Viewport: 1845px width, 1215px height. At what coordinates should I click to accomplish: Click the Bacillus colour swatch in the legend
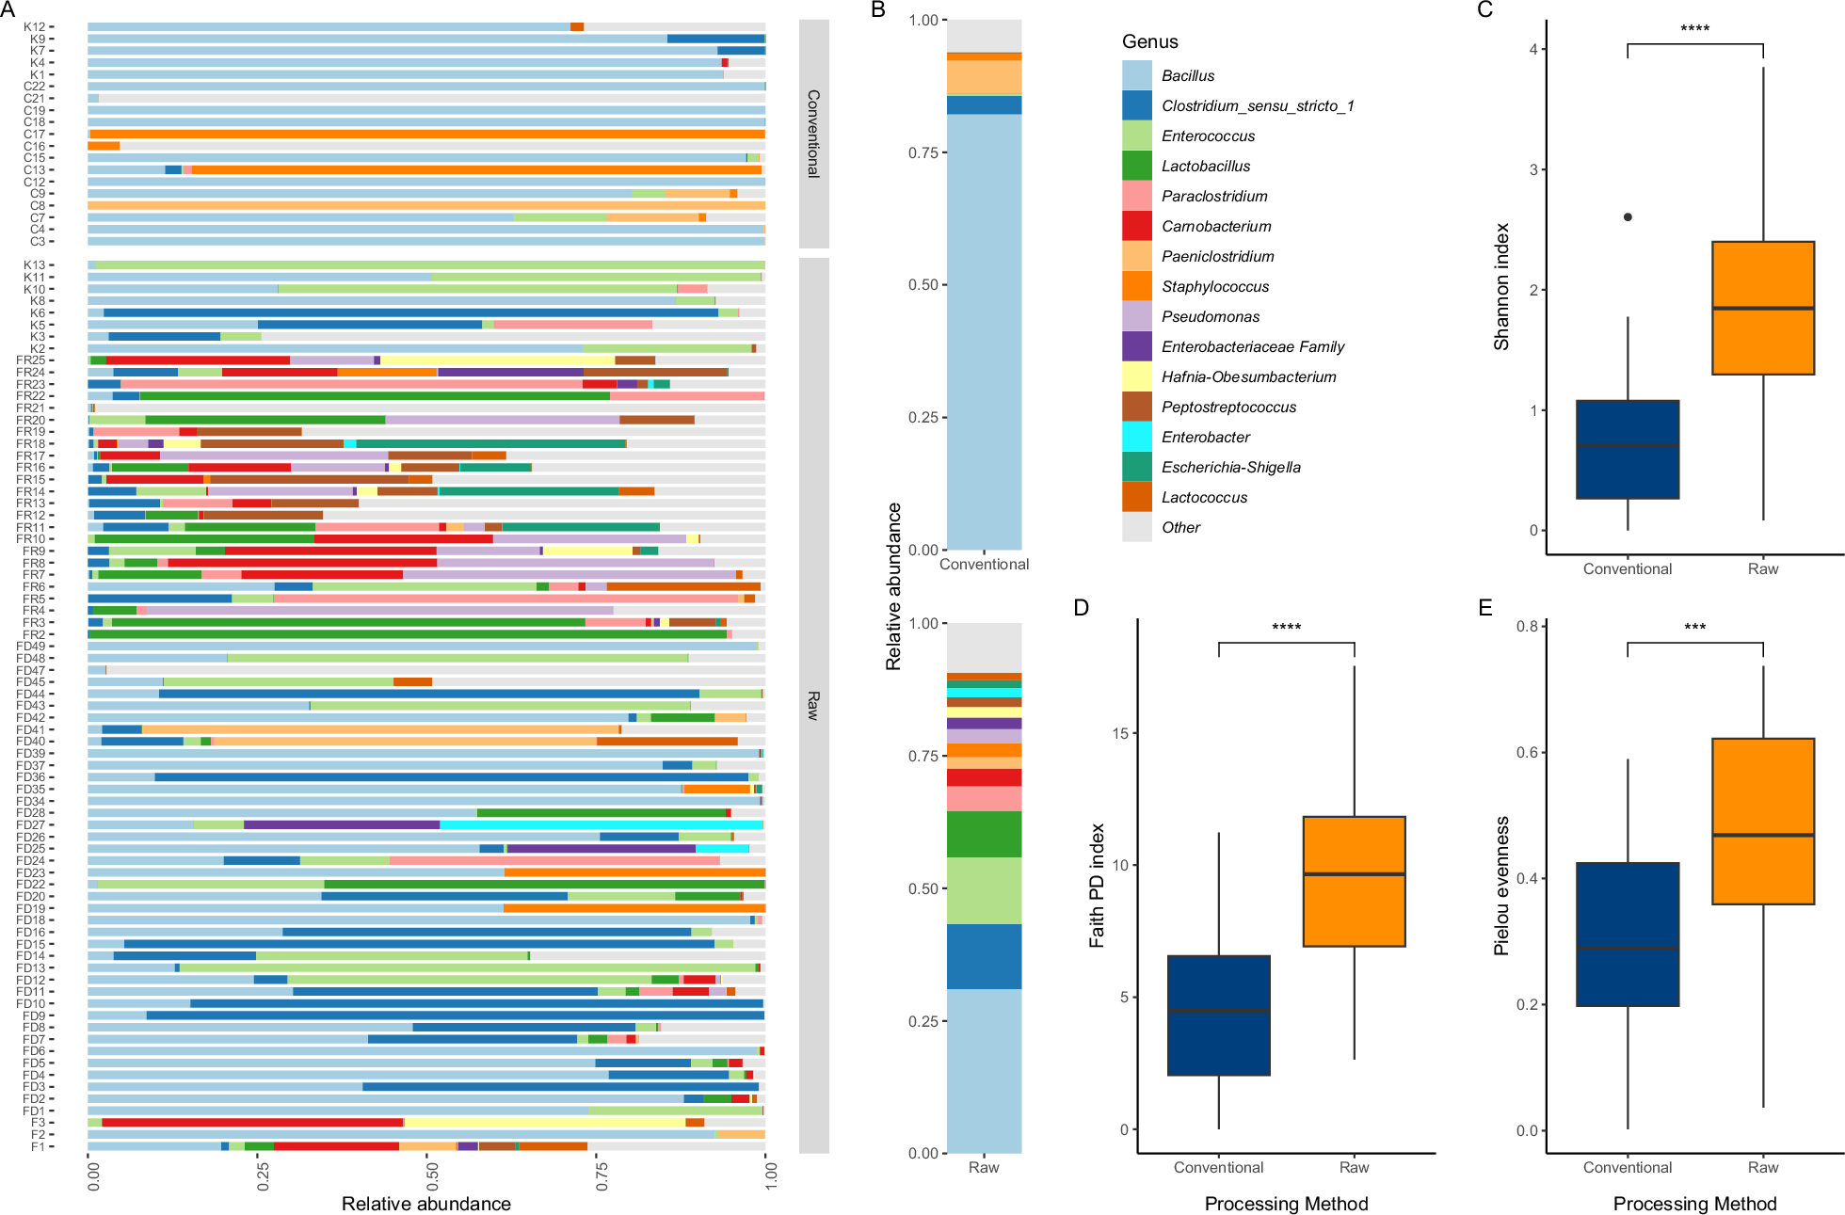[1136, 75]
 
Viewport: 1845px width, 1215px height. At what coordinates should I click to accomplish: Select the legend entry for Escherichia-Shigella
[1230, 468]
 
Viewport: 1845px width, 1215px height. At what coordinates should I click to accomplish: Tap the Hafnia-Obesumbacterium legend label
[1248, 377]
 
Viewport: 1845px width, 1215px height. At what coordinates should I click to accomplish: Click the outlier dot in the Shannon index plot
[1628, 217]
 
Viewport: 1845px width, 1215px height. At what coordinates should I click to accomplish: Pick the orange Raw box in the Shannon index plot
[1762, 309]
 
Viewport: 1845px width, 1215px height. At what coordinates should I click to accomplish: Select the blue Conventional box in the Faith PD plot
[1218, 1015]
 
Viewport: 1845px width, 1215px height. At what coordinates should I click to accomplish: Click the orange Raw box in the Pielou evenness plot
[1762, 821]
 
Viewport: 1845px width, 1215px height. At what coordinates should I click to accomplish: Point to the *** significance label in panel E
[1694, 628]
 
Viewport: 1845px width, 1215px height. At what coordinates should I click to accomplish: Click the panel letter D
[1081, 608]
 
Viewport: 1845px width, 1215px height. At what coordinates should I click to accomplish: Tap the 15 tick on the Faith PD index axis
[1119, 733]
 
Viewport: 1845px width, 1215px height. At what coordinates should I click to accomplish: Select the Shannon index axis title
[1501, 287]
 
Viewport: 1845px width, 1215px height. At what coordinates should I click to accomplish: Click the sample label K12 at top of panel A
[35, 27]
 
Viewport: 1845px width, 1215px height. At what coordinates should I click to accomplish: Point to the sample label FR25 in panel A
[31, 360]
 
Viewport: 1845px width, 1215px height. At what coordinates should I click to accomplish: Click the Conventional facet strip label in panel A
[813, 134]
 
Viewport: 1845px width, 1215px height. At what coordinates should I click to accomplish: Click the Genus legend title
[1149, 42]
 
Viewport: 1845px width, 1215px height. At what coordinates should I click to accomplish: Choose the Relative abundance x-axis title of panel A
[425, 1204]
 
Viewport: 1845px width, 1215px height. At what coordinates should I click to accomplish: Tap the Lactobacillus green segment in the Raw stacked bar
[984, 834]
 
